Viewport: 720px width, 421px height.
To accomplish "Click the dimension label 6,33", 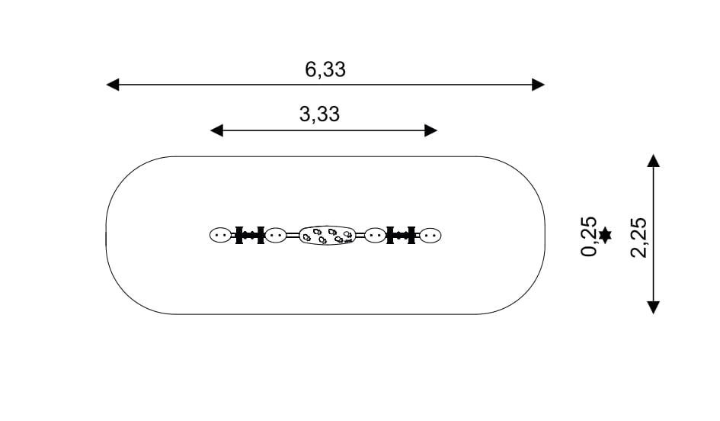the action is click(x=325, y=70).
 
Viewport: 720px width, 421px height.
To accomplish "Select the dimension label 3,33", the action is click(x=319, y=114).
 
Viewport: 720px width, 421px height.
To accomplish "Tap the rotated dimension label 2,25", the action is click(x=638, y=237).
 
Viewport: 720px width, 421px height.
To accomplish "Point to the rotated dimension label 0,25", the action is click(x=589, y=236).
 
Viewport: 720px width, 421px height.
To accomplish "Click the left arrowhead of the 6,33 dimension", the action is click(x=113, y=85).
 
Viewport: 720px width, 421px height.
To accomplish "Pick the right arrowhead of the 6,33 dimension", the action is click(x=538, y=85).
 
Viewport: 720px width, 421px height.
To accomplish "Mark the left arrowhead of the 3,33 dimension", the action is click(x=216, y=130).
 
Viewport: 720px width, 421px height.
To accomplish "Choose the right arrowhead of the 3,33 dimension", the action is click(x=430, y=130).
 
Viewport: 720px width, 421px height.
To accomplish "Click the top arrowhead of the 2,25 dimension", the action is click(x=654, y=160).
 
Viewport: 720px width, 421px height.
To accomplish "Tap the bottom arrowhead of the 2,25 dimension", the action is click(x=654, y=307).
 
